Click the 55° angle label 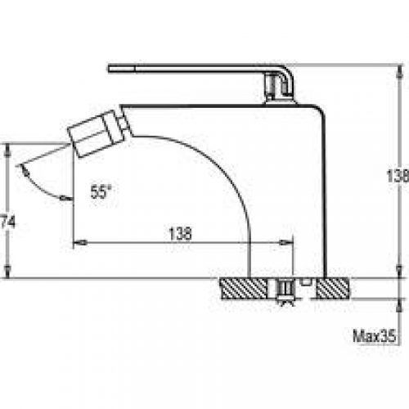click(x=101, y=191)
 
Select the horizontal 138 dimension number click(x=180, y=234)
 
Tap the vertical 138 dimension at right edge click(x=398, y=176)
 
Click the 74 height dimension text click(x=7, y=221)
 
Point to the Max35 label click(x=374, y=335)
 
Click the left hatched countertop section click(x=244, y=289)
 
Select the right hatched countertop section click(x=333, y=289)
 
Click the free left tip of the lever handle click(x=109, y=69)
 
